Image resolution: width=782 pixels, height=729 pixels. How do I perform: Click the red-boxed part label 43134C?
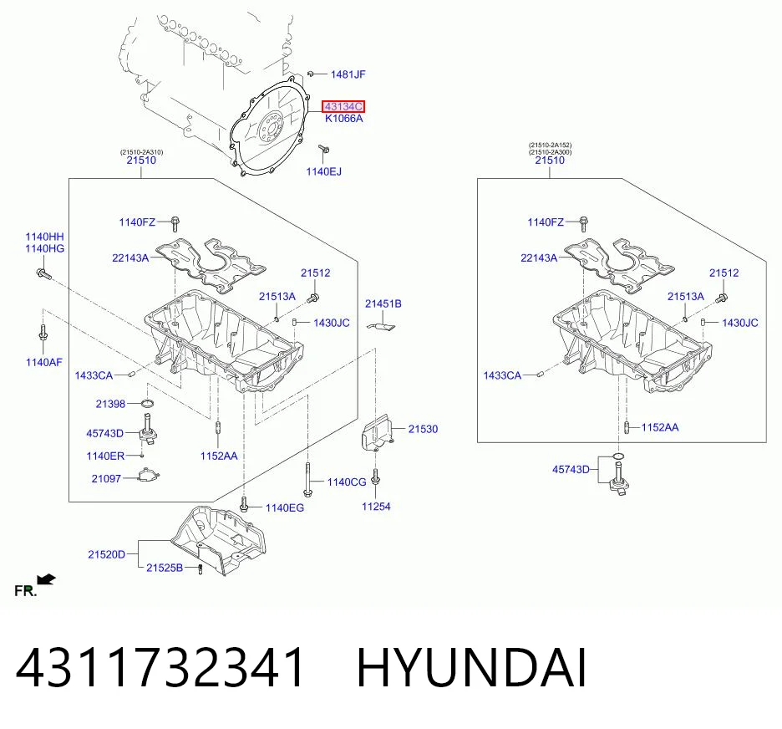pyautogui.click(x=343, y=106)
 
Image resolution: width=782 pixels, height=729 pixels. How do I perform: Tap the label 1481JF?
pyautogui.click(x=348, y=74)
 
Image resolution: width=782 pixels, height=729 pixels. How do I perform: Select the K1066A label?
pyautogui.click(x=343, y=118)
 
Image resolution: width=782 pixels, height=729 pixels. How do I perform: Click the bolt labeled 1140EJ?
pyautogui.click(x=323, y=149)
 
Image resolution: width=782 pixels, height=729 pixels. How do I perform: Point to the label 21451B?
pyautogui.click(x=383, y=303)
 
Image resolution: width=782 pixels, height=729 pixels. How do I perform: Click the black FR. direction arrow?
pyautogui.click(x=47, y=579)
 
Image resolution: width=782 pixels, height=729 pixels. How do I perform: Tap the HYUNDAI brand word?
pyautogui.click(x=471, y=667)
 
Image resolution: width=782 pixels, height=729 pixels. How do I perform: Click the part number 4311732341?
pyautogui.click(x=160, y=667)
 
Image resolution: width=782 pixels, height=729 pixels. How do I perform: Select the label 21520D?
pyautogui.click(x=106, y=554)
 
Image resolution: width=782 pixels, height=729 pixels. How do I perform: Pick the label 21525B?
pyautogui.click(x=165, y=568)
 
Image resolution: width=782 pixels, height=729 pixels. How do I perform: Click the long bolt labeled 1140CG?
pyautogui.click(x=307, y=480)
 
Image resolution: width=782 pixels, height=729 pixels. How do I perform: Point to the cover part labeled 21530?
pyautogui.click(x=377, y=432)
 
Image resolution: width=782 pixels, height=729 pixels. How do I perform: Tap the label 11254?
pyautogui.click(x=376, y=507)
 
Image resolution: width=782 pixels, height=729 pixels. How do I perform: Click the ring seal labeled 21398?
pyautogui.click(x=147, y=403)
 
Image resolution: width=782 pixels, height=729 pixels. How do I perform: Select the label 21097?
pyautogui.click(x=106, y=478)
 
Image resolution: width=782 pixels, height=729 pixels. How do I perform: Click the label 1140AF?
pyautogui.click(x=44, y=362)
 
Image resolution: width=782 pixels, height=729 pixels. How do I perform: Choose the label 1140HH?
pyautogui.click(x=45, y=237)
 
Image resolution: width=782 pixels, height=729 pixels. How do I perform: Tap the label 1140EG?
pyautogui.click(x=284, y=508)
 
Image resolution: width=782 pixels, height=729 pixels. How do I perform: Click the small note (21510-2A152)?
pyautogui.click(x=550, y=145)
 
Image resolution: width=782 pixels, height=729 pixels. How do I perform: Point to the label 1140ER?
pyautogui.click(x=105, y=456)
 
